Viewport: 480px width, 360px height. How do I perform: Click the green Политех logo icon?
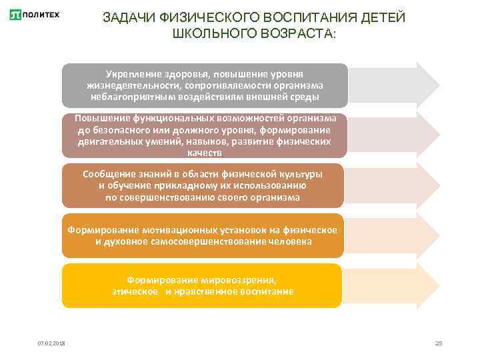click(15, 15)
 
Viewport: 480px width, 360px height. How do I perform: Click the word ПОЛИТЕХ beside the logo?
click(41, 15)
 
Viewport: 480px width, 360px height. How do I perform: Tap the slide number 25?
click(438, 343)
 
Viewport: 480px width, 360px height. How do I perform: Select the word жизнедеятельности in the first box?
click(127, 85)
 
